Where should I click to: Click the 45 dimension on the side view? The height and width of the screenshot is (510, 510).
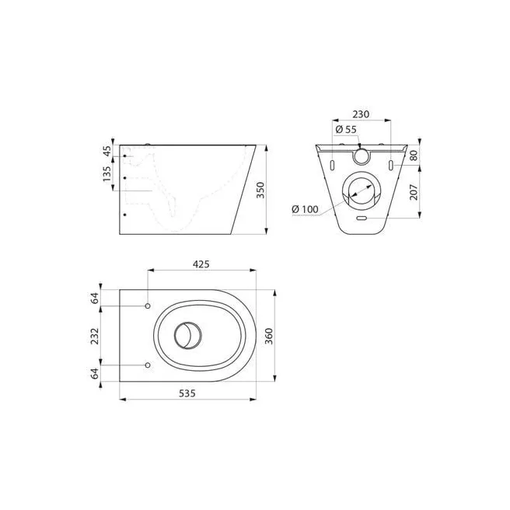tap(106, 150)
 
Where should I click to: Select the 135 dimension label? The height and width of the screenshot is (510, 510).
tap(106, 173)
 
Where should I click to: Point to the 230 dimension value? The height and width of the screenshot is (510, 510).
tap(360, 114)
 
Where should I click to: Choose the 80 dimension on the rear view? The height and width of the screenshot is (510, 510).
tap(414, 155)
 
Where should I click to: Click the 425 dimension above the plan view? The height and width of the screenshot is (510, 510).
tap(201, 264)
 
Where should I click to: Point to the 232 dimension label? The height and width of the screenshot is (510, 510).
tap(94, 336)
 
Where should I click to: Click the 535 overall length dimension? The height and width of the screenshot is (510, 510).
tap(187, 393)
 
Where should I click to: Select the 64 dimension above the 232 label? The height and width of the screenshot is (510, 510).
tap(94, 299)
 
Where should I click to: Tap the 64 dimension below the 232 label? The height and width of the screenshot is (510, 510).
tap(94, 373)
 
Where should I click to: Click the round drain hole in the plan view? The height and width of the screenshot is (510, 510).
tap(187, 336)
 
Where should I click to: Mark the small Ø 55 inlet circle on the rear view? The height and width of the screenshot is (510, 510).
tap(362, 155)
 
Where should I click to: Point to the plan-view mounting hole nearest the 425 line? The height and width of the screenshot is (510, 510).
tap(148, 306)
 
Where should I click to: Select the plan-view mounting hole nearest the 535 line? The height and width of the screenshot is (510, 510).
tap(148, 365)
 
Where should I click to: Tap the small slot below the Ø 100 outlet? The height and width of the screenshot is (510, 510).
tap(361, 218)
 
